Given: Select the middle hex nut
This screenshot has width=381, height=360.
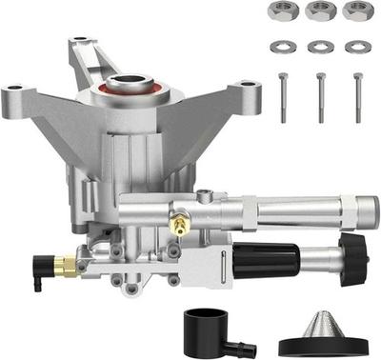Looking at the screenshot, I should (x=319, y=12).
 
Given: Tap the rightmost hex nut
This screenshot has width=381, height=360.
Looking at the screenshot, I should (x=357, y=12).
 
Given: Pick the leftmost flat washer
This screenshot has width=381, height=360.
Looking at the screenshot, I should (x=282, y=47).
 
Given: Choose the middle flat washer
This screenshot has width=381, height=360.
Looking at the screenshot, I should (x=320, y=47).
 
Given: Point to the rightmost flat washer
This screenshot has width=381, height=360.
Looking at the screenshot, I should (x=357, y=47).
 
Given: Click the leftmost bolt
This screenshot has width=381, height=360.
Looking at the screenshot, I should (x=283, y=95).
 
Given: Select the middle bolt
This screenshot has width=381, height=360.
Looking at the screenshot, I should (x=321, y=95).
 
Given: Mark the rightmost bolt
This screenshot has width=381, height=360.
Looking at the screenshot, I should (x=358, y=95).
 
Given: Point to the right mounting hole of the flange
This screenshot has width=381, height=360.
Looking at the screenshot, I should (x=251, y=92).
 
